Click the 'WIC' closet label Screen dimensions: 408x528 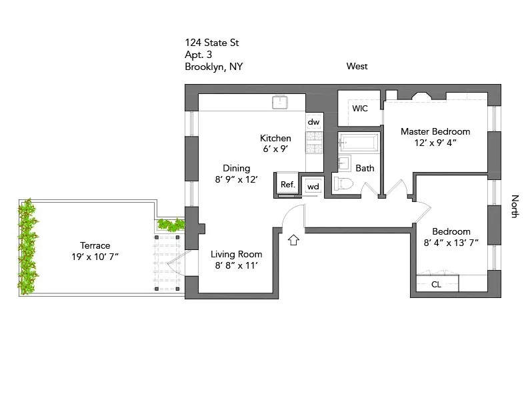(360, 109)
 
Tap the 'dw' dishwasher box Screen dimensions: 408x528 (313, 122)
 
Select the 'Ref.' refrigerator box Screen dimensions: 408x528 (287, 185)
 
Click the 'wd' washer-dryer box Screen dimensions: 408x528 (313, 186)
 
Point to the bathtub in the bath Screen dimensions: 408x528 (359, 143)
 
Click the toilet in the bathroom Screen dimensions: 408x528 (345, 185)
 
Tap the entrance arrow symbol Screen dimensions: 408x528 (293, 239)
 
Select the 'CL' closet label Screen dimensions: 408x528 (436, 285)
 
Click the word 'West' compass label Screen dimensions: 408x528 (357, 66)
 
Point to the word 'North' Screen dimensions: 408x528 (515, 206)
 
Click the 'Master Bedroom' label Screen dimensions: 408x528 (435, 131)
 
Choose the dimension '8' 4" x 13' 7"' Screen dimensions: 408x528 (451, 243)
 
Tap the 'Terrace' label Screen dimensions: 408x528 (95, 245)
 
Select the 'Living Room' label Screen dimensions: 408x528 (237, 254)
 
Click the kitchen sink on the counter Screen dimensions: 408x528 (280, 102)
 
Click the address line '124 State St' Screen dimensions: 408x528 (212, 43)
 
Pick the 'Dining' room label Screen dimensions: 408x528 (237, 168)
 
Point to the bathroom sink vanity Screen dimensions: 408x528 (345, 163)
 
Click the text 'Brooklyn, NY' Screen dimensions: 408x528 (213, 67)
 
